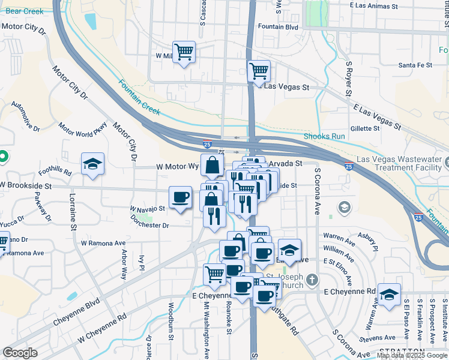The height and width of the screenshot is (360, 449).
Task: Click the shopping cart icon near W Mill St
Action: point(183,51)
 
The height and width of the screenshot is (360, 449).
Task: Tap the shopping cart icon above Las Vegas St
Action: point(259,71)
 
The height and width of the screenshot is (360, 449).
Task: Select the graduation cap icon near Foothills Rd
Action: point(93,164)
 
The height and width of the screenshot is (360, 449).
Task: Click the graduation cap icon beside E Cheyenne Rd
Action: point(389,295)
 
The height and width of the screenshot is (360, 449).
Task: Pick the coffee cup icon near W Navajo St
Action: point(180,197)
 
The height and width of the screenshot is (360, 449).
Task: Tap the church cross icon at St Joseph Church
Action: point(312,280)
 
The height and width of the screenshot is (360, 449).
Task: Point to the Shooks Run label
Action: point(324,136)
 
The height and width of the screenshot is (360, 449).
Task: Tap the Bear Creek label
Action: point(24,11)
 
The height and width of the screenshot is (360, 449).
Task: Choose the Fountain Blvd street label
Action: point(277,27)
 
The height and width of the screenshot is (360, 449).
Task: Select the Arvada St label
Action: point(285,163)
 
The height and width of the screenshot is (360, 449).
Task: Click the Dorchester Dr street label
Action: point(149,226)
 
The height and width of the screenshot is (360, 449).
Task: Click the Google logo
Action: point(20,353)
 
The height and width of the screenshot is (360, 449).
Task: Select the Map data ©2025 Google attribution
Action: point(411,355)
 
